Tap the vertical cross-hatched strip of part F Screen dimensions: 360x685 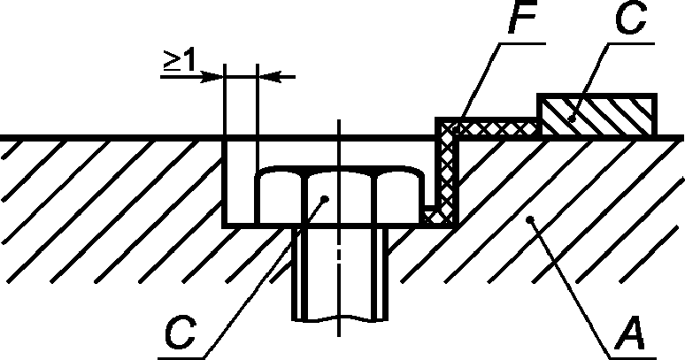coord(448,172)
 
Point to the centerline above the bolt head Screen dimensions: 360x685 coord(339,142)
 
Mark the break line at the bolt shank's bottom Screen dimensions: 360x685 coord(339,319)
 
